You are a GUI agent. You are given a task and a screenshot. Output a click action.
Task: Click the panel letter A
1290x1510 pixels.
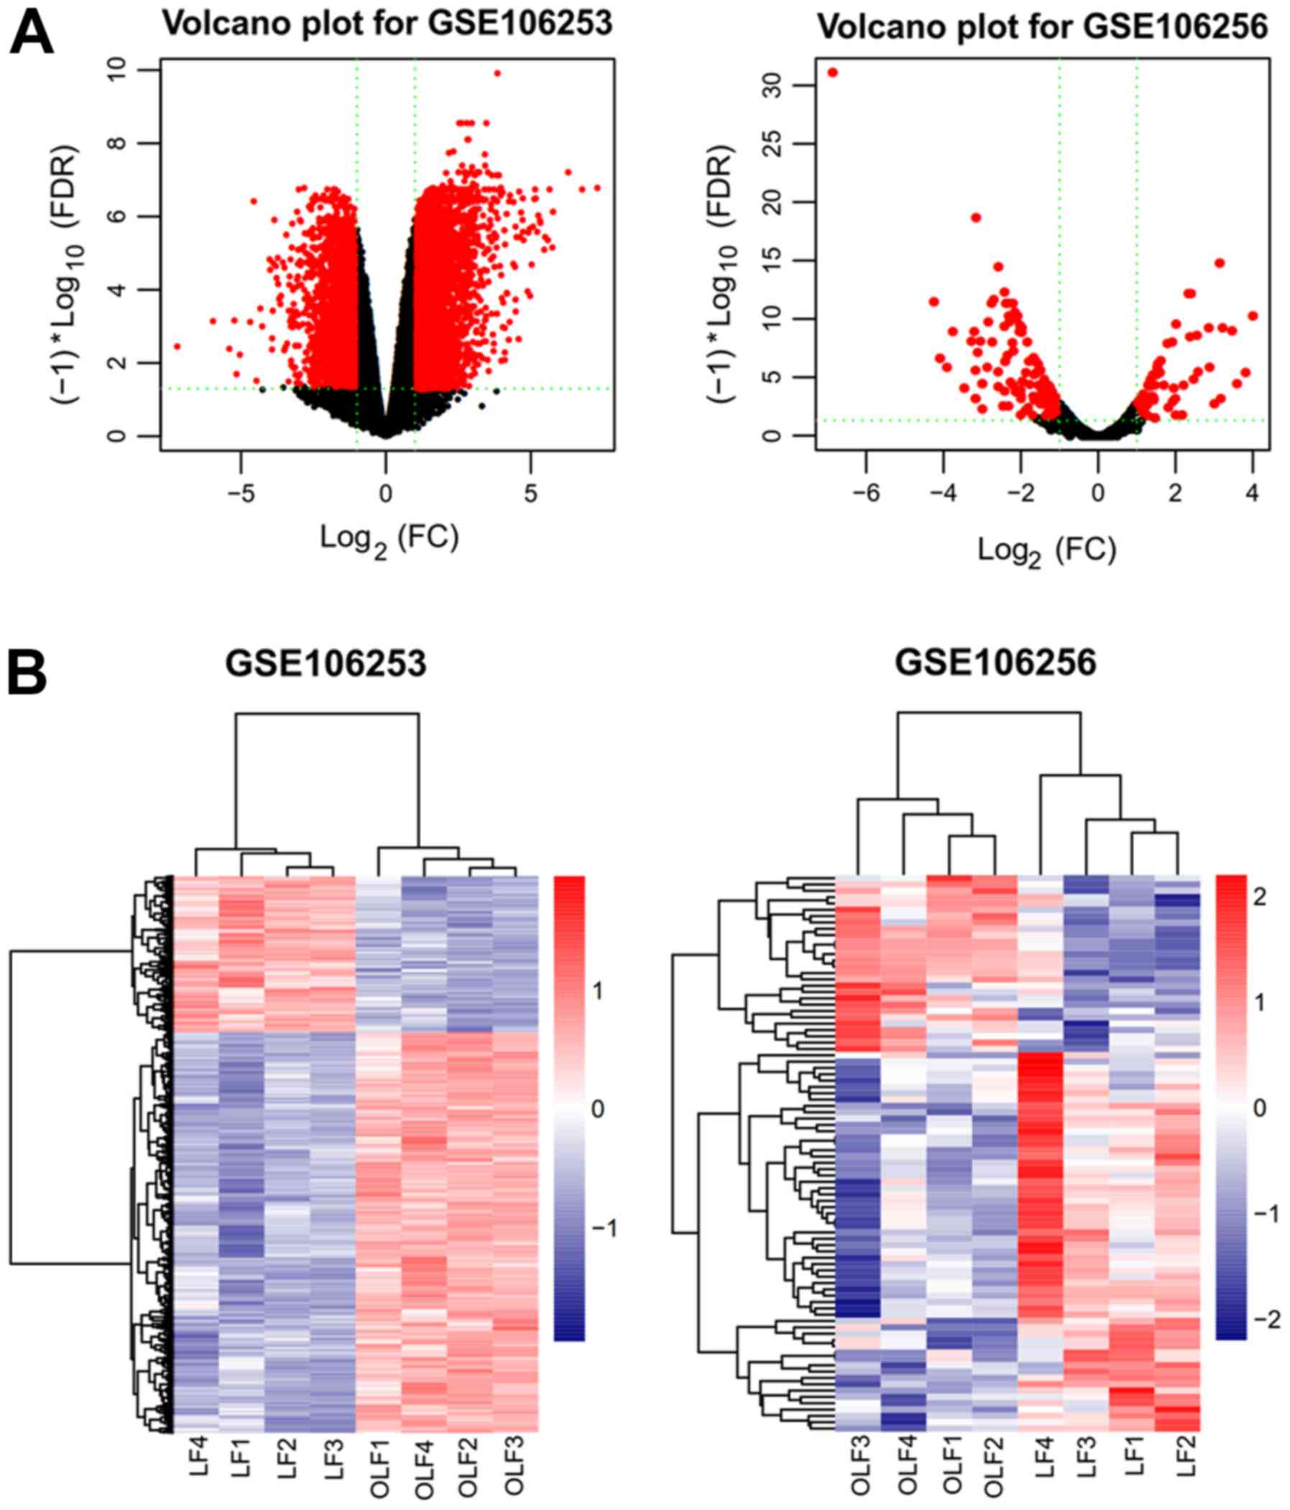[x=31, y=34]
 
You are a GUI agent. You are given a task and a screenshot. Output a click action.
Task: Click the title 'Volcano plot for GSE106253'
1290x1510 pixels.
[x=387, y=23]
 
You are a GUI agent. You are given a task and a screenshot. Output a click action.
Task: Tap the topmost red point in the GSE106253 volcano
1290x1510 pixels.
[x=497, y=73]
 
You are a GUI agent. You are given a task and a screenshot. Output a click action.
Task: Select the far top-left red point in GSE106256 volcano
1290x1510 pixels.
[x=832, y=72]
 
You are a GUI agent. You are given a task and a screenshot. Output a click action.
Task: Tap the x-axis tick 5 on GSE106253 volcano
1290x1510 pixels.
[x=530, y=493]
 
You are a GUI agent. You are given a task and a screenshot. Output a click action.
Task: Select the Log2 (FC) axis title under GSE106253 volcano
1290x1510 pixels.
[x=390, y=539]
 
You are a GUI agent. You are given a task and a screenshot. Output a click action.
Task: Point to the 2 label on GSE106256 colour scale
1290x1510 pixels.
[x=1258, y=896]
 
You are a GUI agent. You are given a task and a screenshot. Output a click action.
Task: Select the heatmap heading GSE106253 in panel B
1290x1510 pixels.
[x=326, y=663]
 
